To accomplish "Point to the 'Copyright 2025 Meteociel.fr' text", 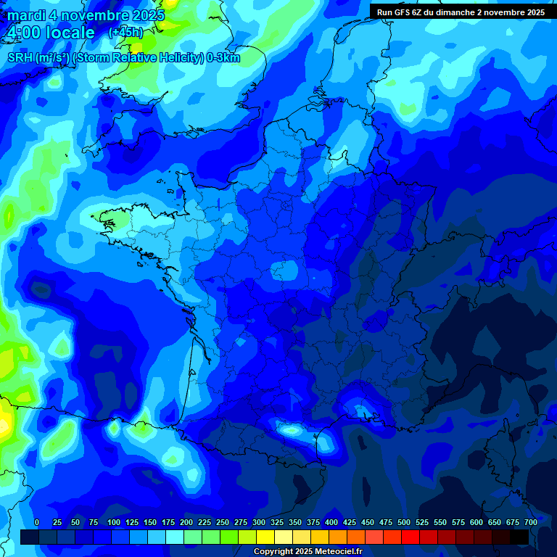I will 308,552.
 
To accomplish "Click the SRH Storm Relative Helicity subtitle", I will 123,58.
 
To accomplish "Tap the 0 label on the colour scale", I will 37,523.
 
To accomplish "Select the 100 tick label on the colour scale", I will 114,523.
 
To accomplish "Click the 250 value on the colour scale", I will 223,523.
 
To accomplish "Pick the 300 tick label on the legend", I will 259,523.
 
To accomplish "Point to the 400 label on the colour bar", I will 331,523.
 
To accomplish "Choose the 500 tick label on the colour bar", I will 404,523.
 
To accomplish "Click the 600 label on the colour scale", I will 476,523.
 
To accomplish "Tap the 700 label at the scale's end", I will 530,523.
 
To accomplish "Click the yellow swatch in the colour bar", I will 265,537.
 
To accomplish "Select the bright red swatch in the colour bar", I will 410,537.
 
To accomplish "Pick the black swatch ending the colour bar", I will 519,537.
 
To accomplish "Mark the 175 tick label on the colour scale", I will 168,523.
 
